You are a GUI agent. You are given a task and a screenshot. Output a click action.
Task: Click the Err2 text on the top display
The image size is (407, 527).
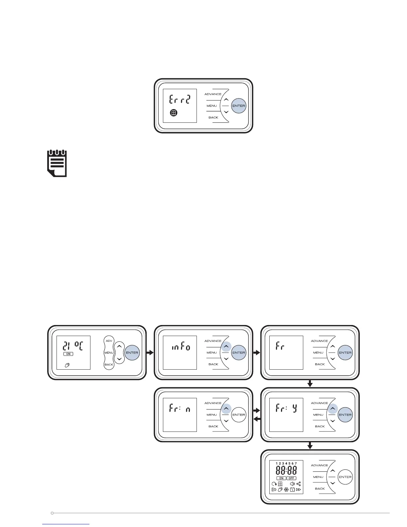[180, 99]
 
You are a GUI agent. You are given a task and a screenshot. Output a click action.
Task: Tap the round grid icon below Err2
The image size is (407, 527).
[173, 113]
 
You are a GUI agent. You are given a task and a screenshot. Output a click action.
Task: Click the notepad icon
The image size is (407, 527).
[57, 163]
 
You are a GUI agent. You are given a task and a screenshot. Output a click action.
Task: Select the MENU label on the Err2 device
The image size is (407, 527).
[211, 106]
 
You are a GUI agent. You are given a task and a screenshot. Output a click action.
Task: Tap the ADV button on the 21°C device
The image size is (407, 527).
[109, 341]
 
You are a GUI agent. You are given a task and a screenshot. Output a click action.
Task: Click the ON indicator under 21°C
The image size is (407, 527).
[68, 354]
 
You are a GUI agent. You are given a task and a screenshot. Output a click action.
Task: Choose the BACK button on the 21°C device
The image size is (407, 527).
[109, 365]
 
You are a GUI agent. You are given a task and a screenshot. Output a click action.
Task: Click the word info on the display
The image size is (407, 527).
[181, 347]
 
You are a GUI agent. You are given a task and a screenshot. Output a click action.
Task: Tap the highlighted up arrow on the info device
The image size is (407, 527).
[226, 346]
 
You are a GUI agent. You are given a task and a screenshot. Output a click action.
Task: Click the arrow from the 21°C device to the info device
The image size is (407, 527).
[150, 353]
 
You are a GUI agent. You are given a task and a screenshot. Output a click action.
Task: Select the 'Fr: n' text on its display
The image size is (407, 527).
[180, 409]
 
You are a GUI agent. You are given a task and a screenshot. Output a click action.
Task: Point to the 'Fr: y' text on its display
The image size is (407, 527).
[286, 409]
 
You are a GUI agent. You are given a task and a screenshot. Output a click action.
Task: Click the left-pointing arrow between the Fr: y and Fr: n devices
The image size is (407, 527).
[257, 420]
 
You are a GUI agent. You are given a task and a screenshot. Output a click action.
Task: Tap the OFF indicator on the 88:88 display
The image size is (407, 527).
[291, 478]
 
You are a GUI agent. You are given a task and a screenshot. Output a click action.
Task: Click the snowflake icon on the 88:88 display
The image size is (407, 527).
[286, 490]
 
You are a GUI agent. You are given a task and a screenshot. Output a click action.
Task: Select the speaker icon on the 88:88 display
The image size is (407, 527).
[292, 484]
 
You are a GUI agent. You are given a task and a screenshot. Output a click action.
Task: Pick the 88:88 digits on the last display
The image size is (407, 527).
[286, 470]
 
